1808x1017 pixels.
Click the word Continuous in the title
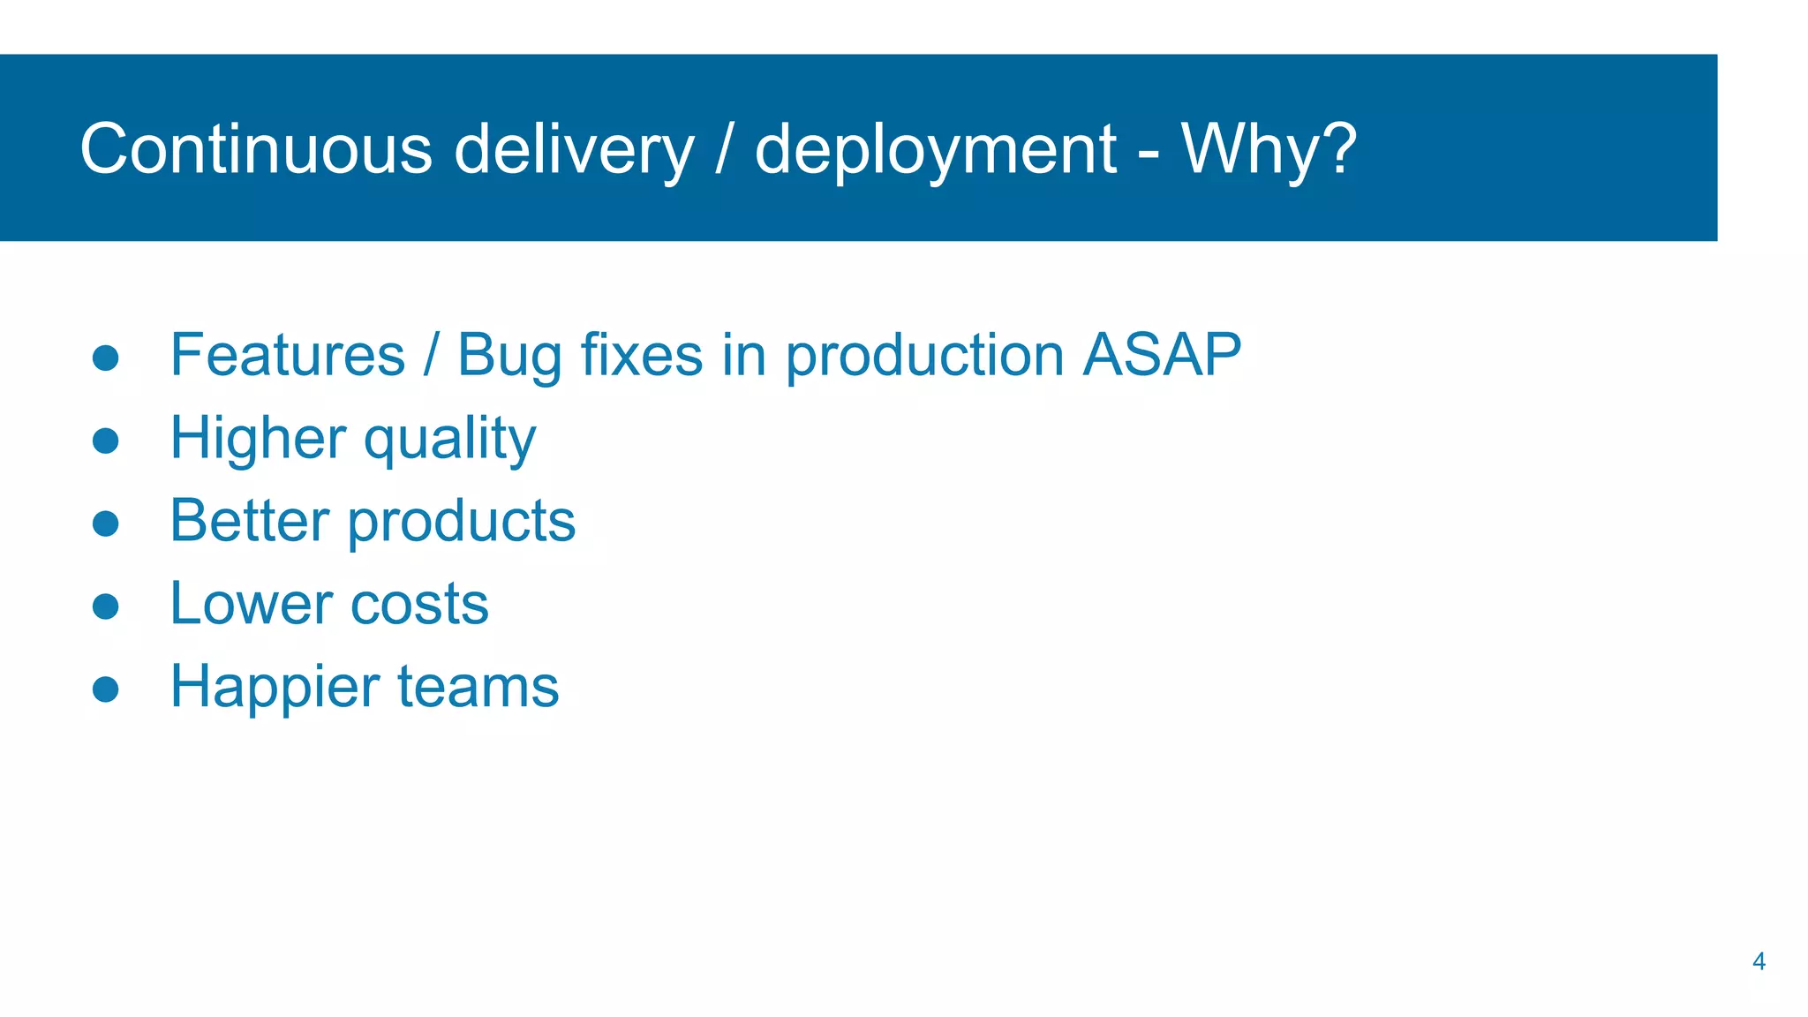click(x=256, y=148)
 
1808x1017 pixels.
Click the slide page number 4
click(x=1759, y=961)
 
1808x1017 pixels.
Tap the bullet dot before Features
click(x=106, y=358)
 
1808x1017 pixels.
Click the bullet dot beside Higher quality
click(x=106, y=441)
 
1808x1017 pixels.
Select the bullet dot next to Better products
click(x=106, y=524)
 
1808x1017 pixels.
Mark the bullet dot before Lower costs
click(x=106, y=606)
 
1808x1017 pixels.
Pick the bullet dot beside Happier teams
click(x=106, y=689)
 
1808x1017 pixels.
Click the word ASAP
click(x=1162, y=355)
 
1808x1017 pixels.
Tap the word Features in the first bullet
click(x=288, y=355)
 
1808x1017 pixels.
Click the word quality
click(x=449, y=440)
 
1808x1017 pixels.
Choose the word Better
click(x=250, y=521)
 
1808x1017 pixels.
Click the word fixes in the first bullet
click(x=641, y=355)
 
